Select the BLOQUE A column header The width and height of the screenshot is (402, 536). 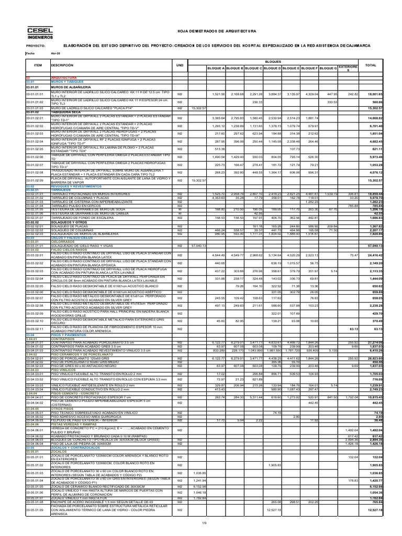pyautogui.click(x=216, y=69)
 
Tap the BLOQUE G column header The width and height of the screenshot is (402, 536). pyautogui.click(x=328, y=69)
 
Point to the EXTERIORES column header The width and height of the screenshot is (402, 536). pyautogui.click(x=348, y=69)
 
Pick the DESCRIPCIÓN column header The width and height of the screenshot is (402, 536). pyautogui.click(x=62, y=65)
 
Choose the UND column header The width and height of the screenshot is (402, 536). pyautogui.click(x=180, y=65)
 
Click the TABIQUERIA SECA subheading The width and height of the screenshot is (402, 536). pyautogui.click(x=65, y=111)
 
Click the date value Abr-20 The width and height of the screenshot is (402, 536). pyautogui.click(x=55, y=53)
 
